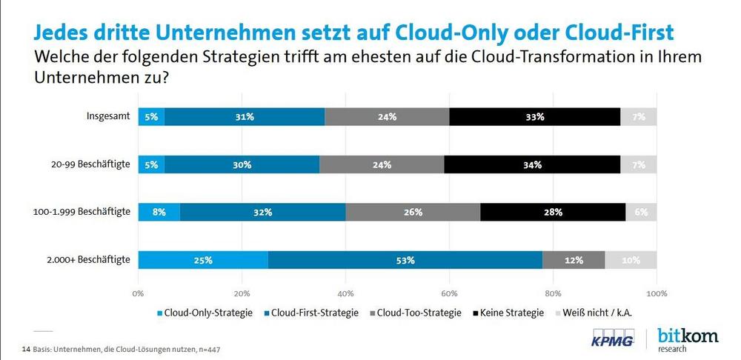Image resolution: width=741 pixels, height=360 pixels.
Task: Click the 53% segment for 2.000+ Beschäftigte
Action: [405, 260]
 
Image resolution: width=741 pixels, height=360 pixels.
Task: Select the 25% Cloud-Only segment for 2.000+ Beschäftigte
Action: [203, 260]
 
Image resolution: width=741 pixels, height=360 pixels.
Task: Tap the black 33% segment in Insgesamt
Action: [535, 116]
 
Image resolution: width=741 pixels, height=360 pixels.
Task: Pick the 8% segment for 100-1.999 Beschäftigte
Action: [159, 212]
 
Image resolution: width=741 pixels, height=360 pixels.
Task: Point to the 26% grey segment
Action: [413, 212]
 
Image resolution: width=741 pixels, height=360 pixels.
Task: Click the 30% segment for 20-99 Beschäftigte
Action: [242, 164]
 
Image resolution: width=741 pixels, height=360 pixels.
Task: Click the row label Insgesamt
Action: [109, 116]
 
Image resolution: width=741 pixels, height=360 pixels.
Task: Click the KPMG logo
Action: [611, 339]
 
